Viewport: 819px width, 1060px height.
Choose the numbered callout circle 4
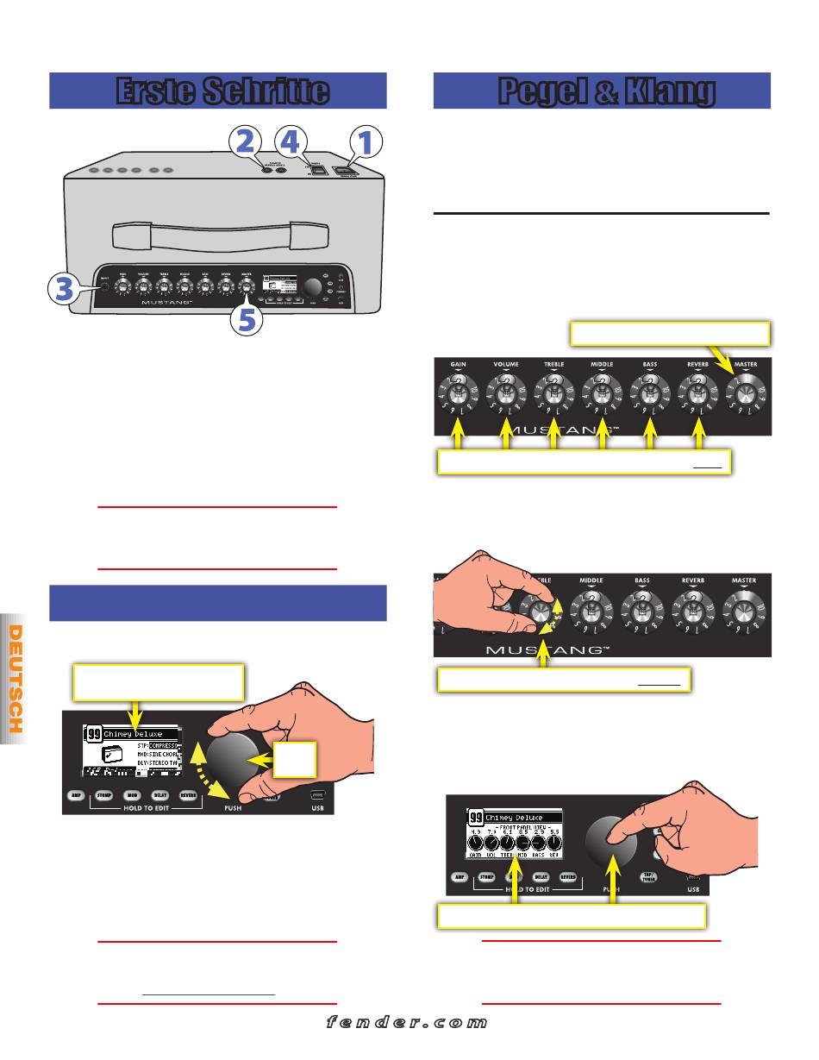(x=293, y=141)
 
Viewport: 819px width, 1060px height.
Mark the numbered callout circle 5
(x=247, y=322)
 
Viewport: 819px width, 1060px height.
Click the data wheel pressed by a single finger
(x=611, y=842)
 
